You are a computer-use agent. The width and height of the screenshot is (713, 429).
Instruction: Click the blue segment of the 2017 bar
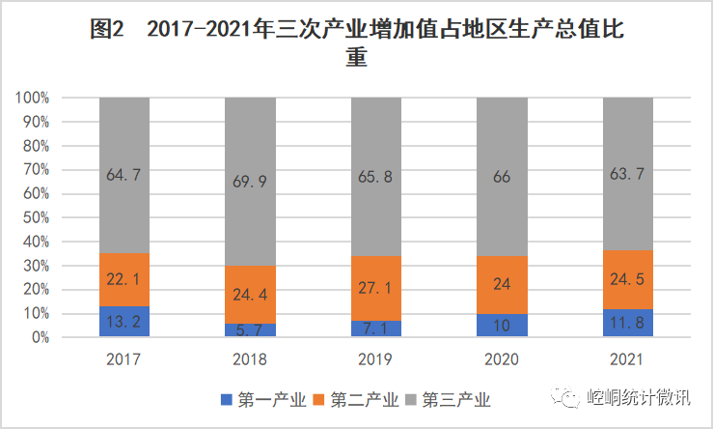[x=124, y=322]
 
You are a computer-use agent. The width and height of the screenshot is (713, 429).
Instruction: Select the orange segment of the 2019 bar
[x=376, y=289]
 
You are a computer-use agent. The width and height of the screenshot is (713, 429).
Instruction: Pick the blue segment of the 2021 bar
[x=627, y=324]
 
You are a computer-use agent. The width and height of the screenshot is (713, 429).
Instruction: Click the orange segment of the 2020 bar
[x=502, y=285]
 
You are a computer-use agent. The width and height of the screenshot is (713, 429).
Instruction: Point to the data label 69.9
[x=250, y=181]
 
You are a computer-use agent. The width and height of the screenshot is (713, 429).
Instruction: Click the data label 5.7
[x=250, y=330]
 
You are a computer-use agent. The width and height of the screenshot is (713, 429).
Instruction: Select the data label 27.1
[x=376, y=289]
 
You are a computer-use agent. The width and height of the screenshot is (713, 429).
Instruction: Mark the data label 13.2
[x=124, y=322]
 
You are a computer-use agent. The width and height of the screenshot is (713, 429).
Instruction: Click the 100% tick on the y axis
[x=32, y=99]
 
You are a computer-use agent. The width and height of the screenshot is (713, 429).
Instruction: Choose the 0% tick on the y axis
[x=39, y=338]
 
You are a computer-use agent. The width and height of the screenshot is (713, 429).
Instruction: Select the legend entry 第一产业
[x=263, y=399]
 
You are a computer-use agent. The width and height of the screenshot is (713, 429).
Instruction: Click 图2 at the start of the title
[x=106, y=30]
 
